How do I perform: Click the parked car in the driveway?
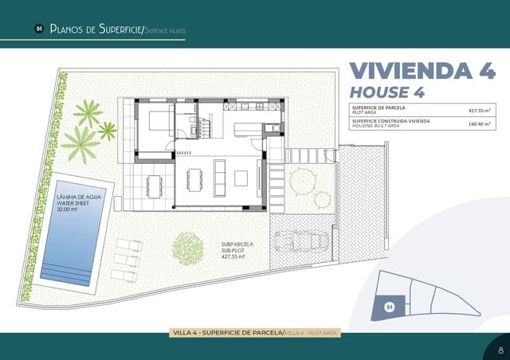pos(298,241)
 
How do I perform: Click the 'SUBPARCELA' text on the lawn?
pos(237,245)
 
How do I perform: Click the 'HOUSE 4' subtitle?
pos(387,92)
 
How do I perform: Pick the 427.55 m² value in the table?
pos(480,112)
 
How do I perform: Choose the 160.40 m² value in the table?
pos(480,123)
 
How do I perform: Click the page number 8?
pos(500,349)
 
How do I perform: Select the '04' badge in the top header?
pos(38,29)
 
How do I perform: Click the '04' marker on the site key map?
pos(389,306)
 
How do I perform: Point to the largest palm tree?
pos(80,143)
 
